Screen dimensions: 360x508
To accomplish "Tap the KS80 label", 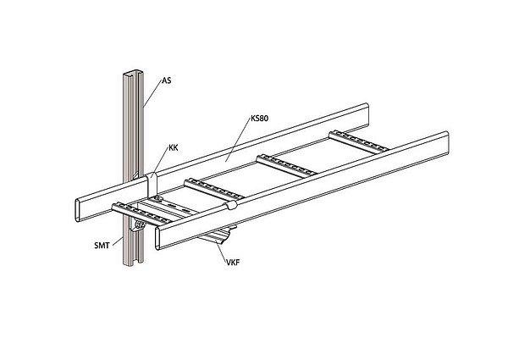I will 261,119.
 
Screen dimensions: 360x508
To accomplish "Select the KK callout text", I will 174,147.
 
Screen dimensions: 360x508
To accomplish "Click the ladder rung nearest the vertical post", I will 135,211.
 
